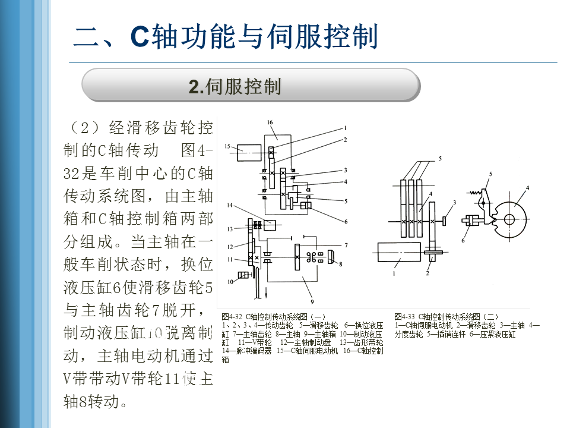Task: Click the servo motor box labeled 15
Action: pos(248,153)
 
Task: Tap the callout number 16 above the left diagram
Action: pos(270,122)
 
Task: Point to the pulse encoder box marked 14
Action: pos(271,225)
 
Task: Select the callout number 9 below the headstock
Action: pos(311,292)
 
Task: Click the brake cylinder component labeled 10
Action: pos(242,275)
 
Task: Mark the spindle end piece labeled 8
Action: pos(331,257)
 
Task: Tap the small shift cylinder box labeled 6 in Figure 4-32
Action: pos(306,206)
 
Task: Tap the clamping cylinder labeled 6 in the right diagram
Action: pos(473,221)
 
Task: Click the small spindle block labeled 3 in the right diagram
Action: pos(445,221)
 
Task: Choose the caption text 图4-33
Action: pos(404,317)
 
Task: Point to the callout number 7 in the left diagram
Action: pos(345,244)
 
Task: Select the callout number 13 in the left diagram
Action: pos(229,228)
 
